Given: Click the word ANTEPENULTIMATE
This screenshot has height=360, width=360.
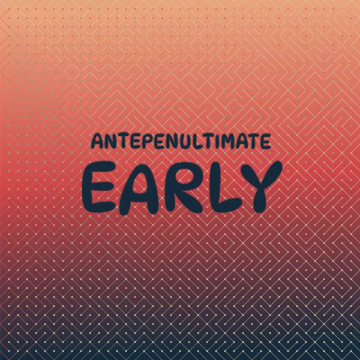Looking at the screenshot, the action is click(181, 141).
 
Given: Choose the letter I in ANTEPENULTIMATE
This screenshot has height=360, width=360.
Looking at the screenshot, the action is click(217, 141).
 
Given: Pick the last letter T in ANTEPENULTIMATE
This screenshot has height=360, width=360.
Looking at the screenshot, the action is click(255, 141).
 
